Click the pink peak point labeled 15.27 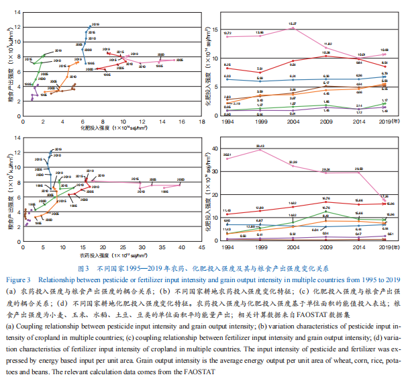(293, 28)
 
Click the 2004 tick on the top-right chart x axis (293, 121)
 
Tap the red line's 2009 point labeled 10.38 (325, 56)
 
